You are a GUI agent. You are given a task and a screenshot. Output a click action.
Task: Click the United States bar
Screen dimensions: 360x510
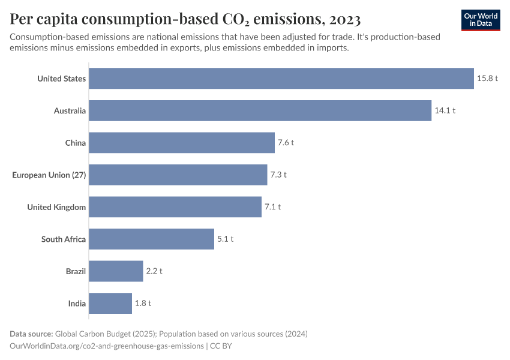point(281,78)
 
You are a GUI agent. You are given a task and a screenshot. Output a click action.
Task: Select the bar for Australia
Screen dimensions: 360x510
point(260,110)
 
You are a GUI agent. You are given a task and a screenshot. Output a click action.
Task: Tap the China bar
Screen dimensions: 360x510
point(182,143)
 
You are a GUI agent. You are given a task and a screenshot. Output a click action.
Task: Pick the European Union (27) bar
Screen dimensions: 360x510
point(178,175)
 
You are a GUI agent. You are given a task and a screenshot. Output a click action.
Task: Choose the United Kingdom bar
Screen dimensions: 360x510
point(175,207)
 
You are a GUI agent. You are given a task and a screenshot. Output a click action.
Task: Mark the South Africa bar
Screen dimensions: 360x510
point(152,239)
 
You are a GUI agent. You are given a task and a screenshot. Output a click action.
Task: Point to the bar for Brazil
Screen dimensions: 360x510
point(116,271)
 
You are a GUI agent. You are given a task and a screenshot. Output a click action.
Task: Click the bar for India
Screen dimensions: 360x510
point(110,303)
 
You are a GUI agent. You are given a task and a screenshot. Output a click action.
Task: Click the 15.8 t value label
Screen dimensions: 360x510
point(487,79)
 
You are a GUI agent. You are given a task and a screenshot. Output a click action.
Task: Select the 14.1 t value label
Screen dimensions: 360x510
point(445,110)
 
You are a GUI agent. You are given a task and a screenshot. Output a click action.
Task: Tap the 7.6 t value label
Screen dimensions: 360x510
point(286,143)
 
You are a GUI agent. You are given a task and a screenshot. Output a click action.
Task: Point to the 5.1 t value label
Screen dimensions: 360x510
point(225,239)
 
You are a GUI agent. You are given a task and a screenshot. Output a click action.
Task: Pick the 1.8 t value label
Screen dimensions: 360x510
point(143,303)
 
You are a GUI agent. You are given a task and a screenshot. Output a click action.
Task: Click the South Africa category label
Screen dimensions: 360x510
point(64,239)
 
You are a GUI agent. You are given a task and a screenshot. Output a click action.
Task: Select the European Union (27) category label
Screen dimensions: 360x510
point(49,175)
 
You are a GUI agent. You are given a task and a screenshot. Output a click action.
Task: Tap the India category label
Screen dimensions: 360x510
point(77,303)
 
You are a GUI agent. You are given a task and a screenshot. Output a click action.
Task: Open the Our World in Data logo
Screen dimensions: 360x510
point(481,20)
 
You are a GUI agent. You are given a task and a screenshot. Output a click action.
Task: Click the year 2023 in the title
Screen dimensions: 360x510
point(344,20)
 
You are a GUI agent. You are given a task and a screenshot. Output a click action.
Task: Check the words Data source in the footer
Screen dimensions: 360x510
point(31,334)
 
